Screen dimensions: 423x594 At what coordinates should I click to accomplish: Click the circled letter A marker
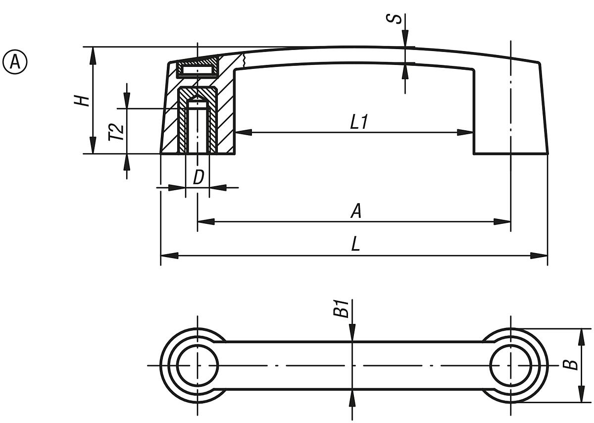[15, 62]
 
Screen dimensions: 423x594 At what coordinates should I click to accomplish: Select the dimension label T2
[116, 132]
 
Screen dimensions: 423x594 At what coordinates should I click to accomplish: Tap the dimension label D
[198, 177]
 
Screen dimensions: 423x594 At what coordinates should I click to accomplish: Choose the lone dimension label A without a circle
[355, 211]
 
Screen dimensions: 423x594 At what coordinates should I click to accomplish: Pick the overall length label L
[355, 245]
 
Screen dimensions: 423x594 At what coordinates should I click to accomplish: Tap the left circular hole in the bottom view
[198, 366]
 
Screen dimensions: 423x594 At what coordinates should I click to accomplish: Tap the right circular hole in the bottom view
[510, 366]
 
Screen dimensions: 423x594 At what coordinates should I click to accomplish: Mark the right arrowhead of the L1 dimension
[465, 132]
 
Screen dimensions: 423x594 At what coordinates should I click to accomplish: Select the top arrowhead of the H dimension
[93, 55]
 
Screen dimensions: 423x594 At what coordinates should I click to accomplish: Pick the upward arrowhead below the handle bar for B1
[352, 397]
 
